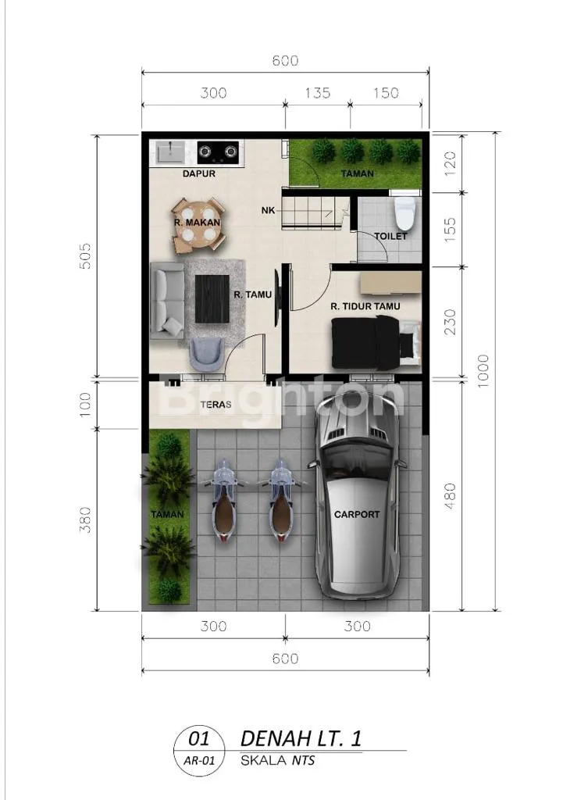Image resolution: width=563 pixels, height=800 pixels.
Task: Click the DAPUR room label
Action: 199,173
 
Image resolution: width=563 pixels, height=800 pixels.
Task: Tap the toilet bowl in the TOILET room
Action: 405,212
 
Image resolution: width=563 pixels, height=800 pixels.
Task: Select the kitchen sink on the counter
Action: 169,152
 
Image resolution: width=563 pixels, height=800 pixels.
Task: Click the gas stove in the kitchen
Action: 218,152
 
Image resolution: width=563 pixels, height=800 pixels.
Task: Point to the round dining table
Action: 198,226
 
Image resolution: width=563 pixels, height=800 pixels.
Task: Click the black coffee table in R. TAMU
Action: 212,298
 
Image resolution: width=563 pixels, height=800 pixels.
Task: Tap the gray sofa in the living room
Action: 167,301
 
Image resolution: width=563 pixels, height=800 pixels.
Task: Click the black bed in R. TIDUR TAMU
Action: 370,342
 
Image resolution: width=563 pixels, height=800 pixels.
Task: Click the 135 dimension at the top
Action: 318,93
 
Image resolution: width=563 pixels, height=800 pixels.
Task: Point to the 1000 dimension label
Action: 483,371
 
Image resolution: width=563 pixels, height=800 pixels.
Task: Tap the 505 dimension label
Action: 85,256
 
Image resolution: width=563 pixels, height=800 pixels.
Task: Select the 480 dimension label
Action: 449,496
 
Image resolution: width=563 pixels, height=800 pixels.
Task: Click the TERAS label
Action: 216,405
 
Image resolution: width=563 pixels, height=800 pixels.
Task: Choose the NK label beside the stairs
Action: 269,210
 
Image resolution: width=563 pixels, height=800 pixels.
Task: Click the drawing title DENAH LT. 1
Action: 301,738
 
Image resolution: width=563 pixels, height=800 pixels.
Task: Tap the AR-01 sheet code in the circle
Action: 199,761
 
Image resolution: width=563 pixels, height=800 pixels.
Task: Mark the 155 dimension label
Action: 449,229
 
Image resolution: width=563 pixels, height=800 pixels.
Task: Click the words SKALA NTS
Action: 277,761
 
